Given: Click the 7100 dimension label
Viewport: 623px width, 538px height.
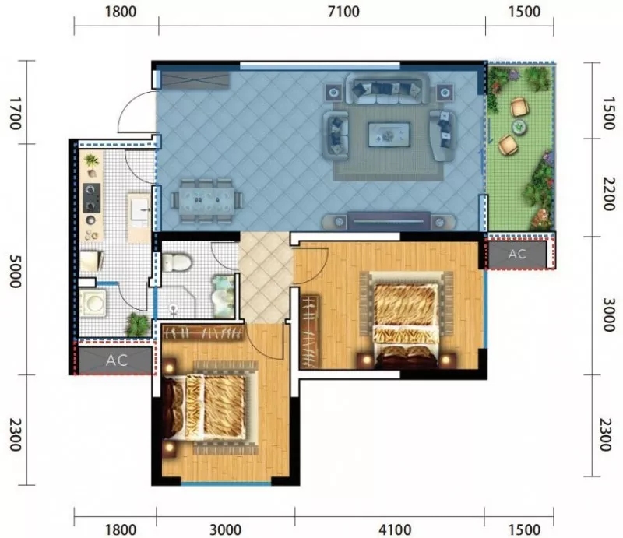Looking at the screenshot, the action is coord(343,12).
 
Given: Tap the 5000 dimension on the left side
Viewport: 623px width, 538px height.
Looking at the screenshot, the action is coord(15,272).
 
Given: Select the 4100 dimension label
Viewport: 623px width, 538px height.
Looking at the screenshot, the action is coord(395,529).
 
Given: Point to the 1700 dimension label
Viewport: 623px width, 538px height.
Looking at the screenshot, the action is coord(15,113).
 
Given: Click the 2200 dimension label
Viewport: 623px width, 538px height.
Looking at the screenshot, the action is coord(608,194).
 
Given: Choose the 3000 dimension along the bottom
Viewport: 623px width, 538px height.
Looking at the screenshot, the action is coord(225,529).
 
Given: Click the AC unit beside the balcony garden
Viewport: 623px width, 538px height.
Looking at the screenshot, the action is coord(517,255).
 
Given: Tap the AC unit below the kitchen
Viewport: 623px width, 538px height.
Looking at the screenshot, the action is coord(116,360).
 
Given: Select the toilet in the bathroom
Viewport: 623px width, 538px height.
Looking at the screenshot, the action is coord(177,262).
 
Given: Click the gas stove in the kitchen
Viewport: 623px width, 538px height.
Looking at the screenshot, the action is coord(91,198).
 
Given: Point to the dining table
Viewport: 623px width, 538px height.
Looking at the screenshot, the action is coord(206,199).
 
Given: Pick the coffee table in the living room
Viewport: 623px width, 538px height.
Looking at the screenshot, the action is coord(389,135).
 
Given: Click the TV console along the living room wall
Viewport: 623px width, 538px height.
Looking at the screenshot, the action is coord(388,221).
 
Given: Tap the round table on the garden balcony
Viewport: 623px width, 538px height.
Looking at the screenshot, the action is coord(519,127).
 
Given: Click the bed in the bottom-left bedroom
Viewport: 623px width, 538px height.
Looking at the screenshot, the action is coord(210,407).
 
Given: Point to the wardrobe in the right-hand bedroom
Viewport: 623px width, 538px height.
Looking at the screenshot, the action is coord(310,332).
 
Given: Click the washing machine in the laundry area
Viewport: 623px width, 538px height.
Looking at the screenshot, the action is coord(93,303).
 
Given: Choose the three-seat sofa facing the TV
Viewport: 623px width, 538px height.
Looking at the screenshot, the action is coord(387,88).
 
